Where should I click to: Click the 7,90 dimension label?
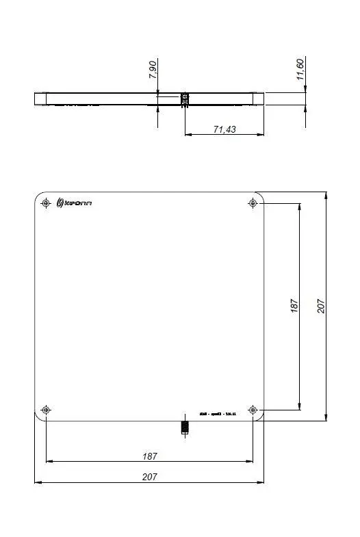click(153, 70)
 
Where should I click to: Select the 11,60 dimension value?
click(301, 69)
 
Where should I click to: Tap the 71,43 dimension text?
click(224, 129)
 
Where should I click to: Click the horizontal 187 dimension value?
click(149, 456)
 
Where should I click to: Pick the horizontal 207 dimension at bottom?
click(149, 477)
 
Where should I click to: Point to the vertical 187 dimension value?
click(294, 306)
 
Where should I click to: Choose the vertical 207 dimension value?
click(321, 306)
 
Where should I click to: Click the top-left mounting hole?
click(46, 203)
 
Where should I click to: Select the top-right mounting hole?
click(253, 203)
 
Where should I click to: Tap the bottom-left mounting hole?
click(46, 410)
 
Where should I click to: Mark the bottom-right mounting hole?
click(253, 410)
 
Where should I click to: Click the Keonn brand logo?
click(74, 202)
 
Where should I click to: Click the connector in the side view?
click(183, 100)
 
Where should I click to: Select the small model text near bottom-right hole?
click(217, 415)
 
